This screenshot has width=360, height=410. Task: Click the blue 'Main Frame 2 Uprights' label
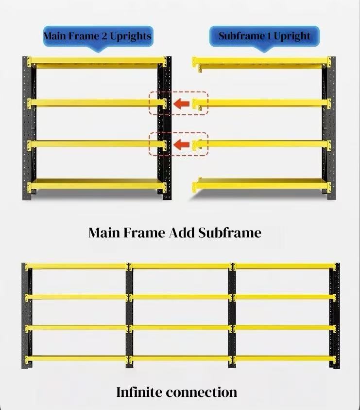pyautogui.click(x=98, y=36)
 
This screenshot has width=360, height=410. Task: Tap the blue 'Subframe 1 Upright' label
pyautogui.click(x=264, y=36)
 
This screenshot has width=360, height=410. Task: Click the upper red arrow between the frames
pyautogui.click(x=182, y=104)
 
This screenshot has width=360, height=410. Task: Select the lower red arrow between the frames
pyautogui.click(x=182, y=144)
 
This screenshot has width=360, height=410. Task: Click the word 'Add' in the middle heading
pyautogui.click(x=182, y=232)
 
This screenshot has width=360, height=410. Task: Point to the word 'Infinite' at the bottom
pyautogui.click(x=139, y=392)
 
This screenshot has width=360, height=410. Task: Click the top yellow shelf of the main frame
pyautogui.click(x=97, y=62)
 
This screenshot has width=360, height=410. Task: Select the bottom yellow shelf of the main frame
pyautogui.click(x=97, y=184)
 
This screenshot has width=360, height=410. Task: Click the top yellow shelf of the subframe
pyautogui.click(x=262, y=63)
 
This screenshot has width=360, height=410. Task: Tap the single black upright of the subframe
pyautogui.click(x=330, y=128)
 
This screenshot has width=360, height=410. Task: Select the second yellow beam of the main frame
pyautogui.click(x=97, y=103)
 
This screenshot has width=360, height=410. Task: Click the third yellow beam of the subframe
pyautogui.click(x=262, y=144)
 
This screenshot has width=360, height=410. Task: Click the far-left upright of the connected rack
pyautogui.click(x=27, y=316)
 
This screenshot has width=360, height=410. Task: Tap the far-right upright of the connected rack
pyautogui.click(x=335, y=316)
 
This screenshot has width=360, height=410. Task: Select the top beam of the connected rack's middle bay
pyautogui.click(x=181, y=266)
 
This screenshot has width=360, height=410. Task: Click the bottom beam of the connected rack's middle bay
pyautogui.click(x=181, y=358)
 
